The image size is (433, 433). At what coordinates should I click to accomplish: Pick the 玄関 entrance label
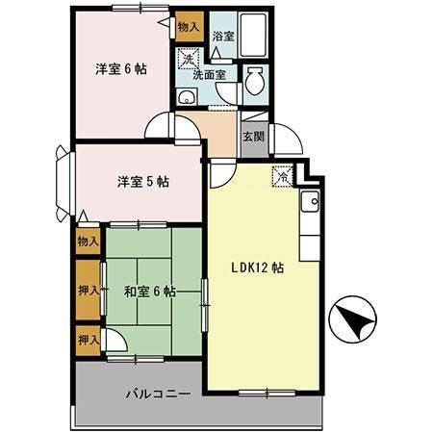pos(253,137)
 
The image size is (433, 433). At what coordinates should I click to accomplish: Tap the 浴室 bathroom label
pos(223,36)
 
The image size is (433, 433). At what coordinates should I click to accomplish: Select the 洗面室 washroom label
pos(208,73)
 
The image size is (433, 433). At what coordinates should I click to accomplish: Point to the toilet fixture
pos(255,82)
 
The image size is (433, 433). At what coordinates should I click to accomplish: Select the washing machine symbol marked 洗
pos(190,60)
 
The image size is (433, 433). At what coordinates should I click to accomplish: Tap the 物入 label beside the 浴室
pos(189,27)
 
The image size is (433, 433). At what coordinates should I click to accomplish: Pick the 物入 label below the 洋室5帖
pos(88,241)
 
